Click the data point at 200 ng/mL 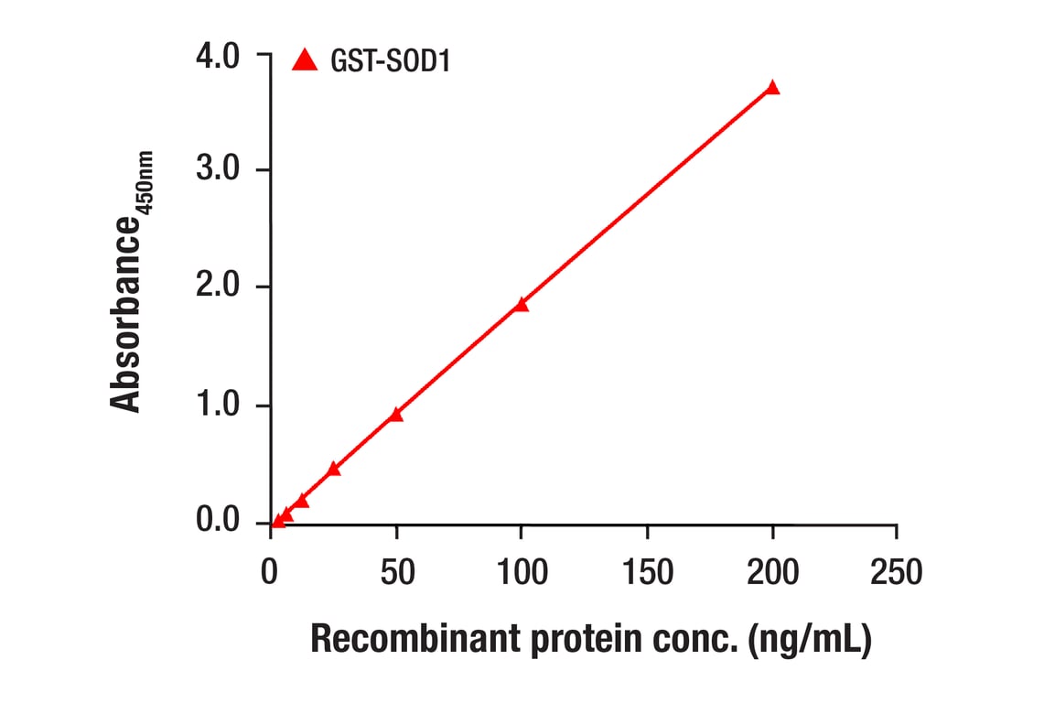click(772, 88)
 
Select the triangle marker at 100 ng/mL click(521, 305)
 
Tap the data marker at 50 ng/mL click(395, 415)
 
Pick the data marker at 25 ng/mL click(333, 469)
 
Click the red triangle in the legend click(304, 60)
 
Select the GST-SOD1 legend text click(390, 61)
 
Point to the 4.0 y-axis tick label click(217, 56)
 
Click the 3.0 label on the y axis click(217, 170)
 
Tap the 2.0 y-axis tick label click(217, 287)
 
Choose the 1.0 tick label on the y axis click(217, 406)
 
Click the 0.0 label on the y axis click(217, 522)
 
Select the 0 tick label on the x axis click(270, 572)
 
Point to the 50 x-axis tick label click(395, 572)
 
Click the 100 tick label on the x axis click(521, 572)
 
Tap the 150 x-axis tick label click(647, 572)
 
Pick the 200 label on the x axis click(772, 572)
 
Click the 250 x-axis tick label click(897, 572)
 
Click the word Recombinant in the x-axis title click(415, 640)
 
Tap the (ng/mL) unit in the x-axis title click(810, 640)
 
